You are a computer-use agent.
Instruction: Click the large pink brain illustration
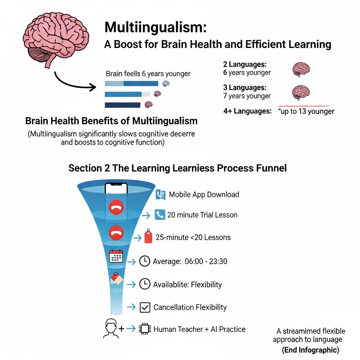click(56, 38)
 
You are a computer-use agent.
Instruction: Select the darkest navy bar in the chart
click(122, 105)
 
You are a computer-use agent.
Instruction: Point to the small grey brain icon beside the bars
click(166, 84)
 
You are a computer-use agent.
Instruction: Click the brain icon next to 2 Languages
click(301, 69)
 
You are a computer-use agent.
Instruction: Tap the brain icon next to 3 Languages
click(301, 92)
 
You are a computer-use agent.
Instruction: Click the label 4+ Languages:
click(247, 111)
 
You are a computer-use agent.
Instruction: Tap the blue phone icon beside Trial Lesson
click(160, 215)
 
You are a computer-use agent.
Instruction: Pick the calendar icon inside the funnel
click(116, 256)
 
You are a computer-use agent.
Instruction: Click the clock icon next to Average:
click(144, 261)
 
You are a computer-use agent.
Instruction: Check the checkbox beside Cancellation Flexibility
click(145, 307)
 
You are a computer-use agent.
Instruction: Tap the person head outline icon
click(111, 329)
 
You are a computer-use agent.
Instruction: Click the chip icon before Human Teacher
click(145, 329)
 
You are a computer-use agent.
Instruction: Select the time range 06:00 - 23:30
click(206, 261)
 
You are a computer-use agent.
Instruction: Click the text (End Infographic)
click(310, 350)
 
